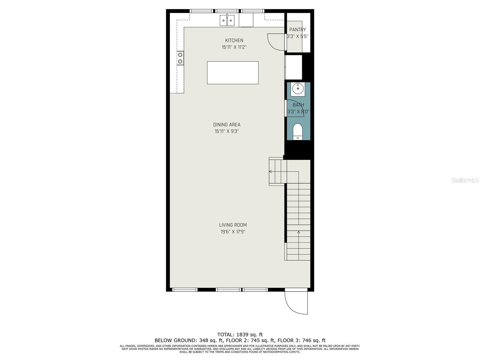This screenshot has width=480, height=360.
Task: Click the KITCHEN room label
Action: tap(234, 40)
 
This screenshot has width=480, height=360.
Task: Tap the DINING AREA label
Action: tap(226, 125)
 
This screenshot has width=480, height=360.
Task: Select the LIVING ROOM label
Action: tap(233, 225)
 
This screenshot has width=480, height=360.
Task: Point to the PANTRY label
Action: tap(297, 30)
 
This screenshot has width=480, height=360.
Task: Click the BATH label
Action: tap(298, 105)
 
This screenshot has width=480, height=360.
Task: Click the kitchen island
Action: tap(233, 73)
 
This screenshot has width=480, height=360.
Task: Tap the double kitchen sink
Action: tap(227, 21)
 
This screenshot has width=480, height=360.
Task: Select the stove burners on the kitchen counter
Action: tap(180, 58)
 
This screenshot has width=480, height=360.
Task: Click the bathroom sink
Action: tap(298, 89)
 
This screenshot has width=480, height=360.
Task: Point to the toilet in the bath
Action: tap(298, 131)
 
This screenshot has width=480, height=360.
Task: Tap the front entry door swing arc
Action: tap(294, 304)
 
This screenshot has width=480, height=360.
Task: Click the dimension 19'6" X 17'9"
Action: tap(233, 232)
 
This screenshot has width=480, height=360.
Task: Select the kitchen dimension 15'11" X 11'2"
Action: tap(234, 47)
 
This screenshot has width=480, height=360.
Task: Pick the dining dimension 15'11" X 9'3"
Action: tap(226, 131)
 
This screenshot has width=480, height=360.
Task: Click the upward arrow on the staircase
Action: tap(298, 232)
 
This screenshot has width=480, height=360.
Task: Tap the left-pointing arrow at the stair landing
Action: tap(271, 172)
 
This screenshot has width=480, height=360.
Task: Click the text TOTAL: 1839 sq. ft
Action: tap(240, 334)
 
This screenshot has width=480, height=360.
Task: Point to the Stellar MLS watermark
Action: tap(465, 180)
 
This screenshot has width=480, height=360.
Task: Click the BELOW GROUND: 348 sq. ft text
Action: tap(189, 340)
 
